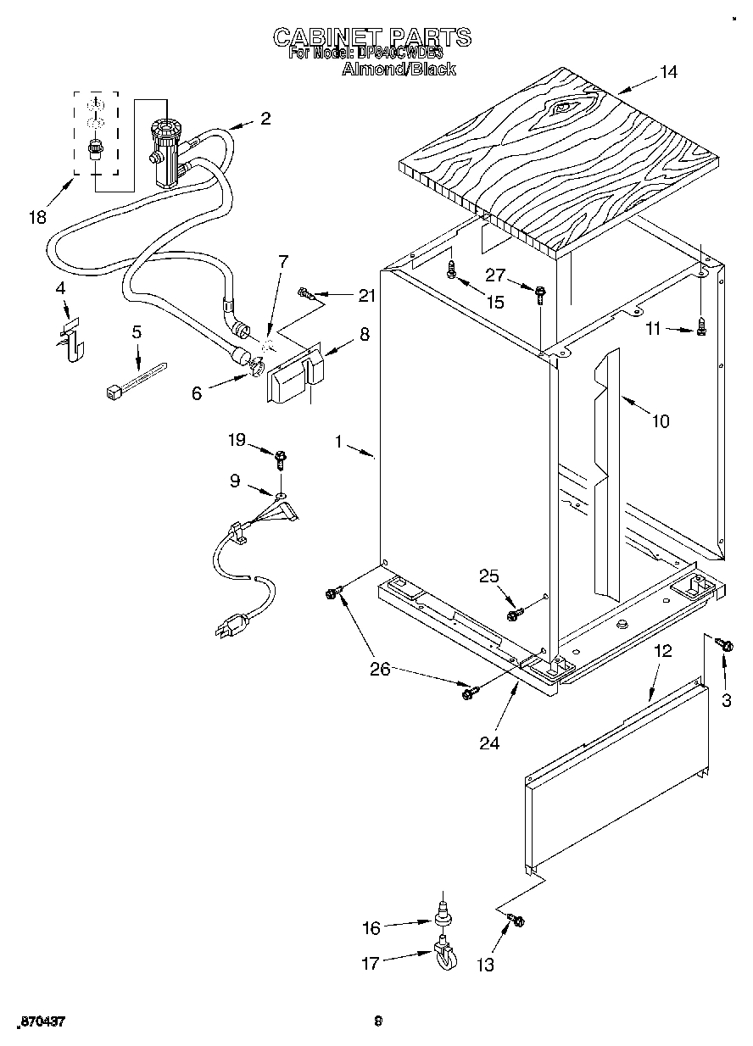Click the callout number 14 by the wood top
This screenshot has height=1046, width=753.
[x=669, y=72]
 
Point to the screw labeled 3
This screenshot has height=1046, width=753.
[x=725, y=645]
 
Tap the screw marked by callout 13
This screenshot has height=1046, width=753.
[x=514, y=919]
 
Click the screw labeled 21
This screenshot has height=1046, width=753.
[x=308, y=294]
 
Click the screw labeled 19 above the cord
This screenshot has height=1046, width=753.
[x=279, y=459]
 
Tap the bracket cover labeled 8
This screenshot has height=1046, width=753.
[x=293, y=380]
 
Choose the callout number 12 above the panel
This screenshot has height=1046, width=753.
[x=663, y=651]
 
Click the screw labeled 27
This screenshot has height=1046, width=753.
[x=540, y=294]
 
